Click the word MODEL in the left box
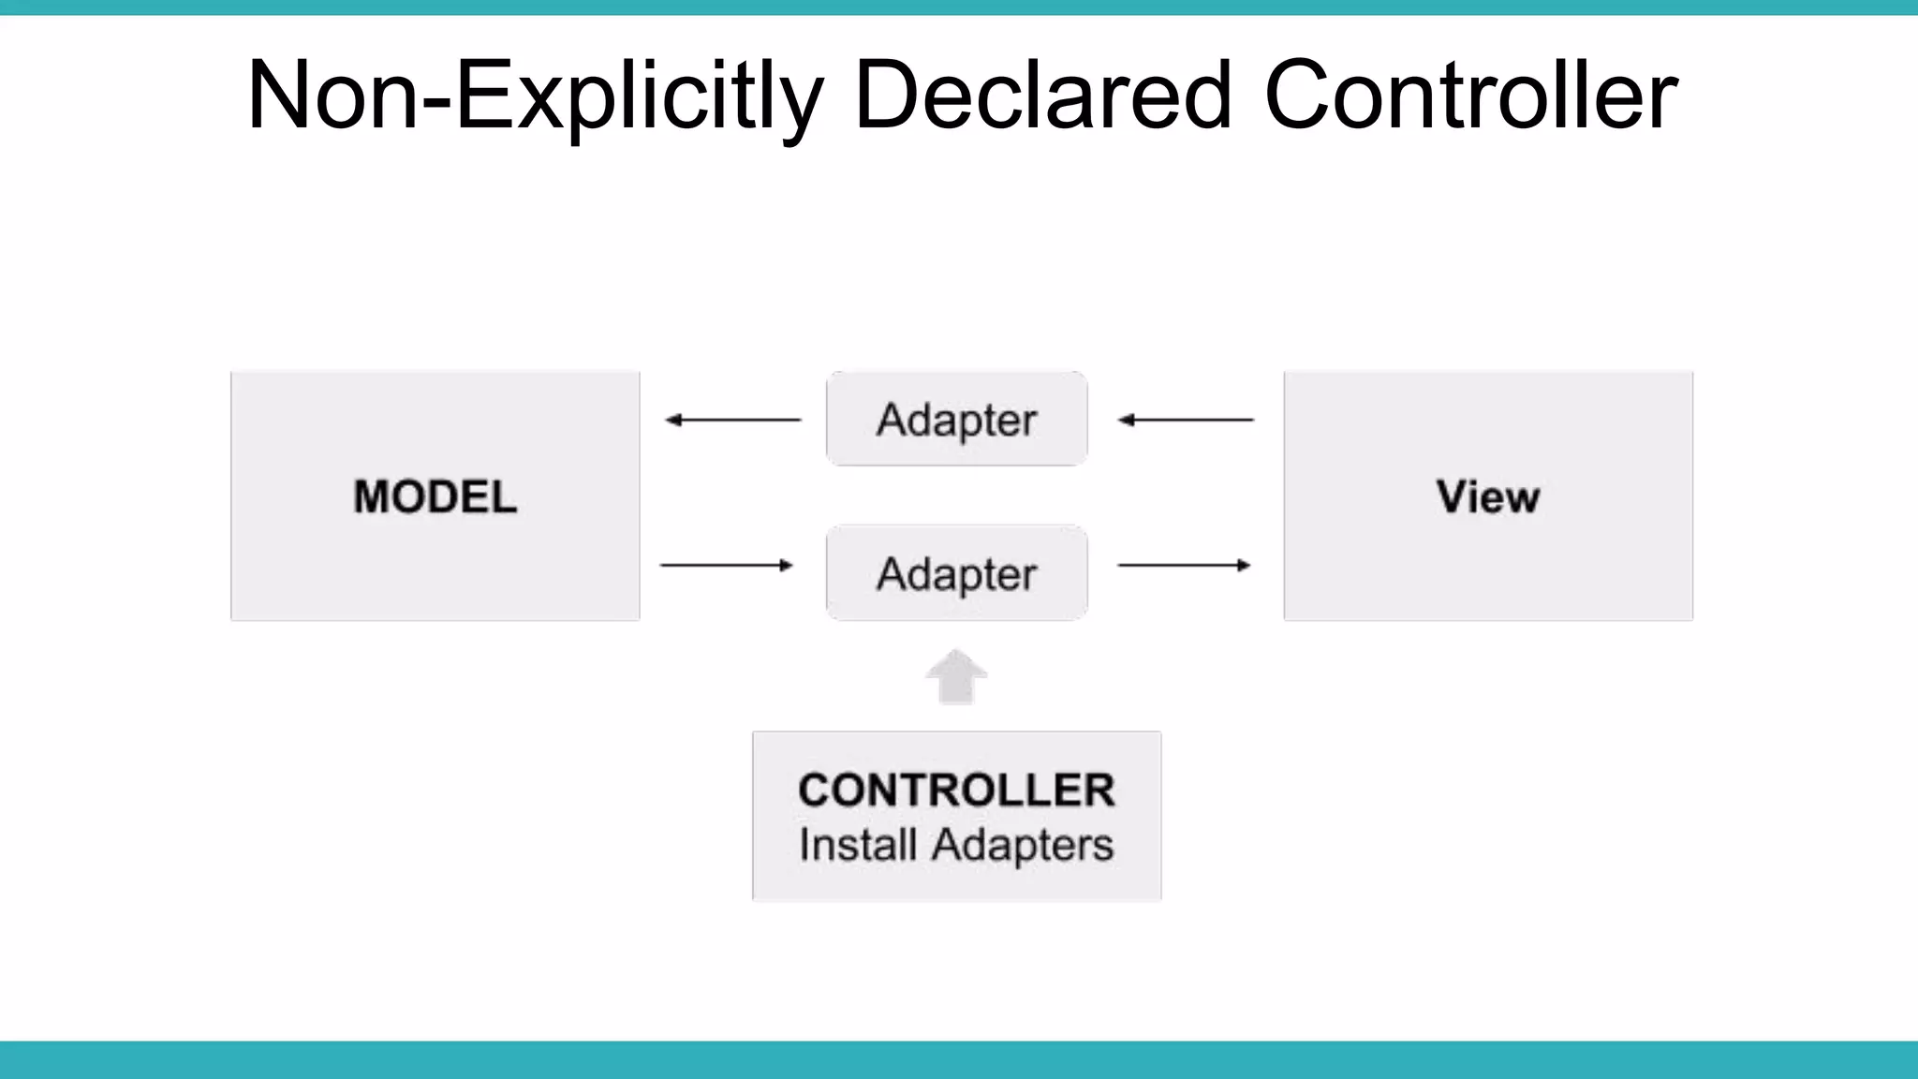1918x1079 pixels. (x=435, y=496)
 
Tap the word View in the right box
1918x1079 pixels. (x=1487, y=496)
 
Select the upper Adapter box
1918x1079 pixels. (x=956, y=419)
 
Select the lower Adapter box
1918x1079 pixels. (x=956, y=573)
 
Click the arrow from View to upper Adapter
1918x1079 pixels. (x=1186, y=420)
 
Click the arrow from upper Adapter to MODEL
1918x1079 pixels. (x=733, y=420)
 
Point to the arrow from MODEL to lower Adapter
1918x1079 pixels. (x=726, y=565)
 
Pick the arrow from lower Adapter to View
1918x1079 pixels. (x=1184, y=565)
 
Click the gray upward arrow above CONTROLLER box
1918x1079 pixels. (x=956, y=677)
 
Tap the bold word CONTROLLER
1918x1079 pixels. (x=956, y=790)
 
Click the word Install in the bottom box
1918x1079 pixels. (x=857, y=845)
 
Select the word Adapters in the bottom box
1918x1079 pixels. (x=1022, y=845)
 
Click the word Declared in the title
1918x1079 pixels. (x=1042, y=95)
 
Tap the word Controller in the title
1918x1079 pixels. (x=1470, y=95)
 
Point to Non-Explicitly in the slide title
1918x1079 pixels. (x=534, y=95)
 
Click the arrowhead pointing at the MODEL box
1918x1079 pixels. (x=672, y=420)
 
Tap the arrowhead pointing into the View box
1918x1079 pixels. (x=1244, y=565)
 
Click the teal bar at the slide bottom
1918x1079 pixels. (x=959, y=1059)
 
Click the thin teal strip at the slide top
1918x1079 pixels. (x=959, y=7)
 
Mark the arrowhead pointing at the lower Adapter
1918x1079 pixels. (x=787, y=565)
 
